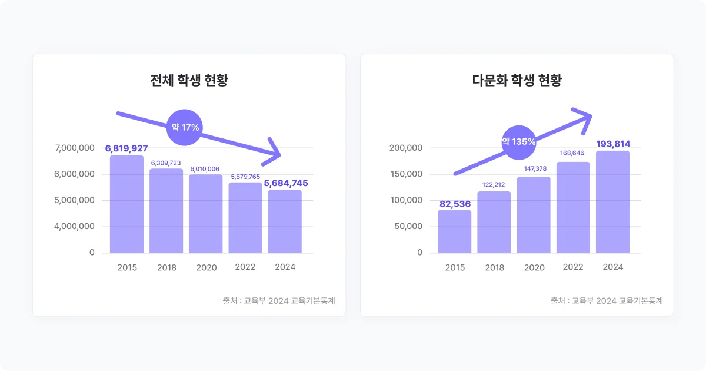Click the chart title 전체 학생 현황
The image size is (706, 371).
(189, 81)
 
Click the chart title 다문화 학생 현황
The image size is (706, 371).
(517, 81)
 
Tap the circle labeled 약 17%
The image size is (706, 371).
(185, 127)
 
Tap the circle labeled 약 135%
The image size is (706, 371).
(518, 142)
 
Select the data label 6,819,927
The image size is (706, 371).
(126, 148)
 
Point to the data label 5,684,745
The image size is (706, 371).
(285, 183)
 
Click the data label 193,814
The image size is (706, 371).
(613, 144)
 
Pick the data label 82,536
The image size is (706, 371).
(455, 204)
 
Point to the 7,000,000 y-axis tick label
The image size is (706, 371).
(75, 148)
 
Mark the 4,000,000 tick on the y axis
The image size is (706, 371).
(75, 226)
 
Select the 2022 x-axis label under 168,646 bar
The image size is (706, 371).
(573, 267)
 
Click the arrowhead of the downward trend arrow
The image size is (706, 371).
(274, 151)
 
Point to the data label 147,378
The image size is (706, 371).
(534, 169)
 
